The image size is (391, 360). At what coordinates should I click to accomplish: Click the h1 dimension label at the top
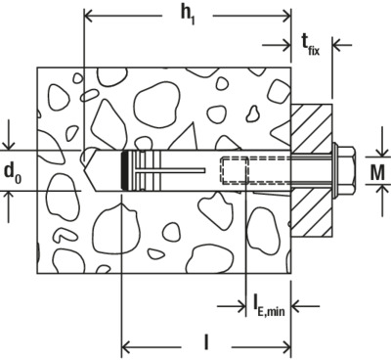click(x=189, y=16)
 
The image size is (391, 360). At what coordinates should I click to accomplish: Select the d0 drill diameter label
click(x=12, y=173)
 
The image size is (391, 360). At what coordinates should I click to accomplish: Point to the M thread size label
click(x=377, y=172)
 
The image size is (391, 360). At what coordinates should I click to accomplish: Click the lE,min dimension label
click(x=269, y=306)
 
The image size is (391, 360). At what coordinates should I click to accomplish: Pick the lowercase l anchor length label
click(x=206, y=342)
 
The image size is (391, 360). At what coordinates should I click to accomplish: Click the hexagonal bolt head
click(x=347, y=170)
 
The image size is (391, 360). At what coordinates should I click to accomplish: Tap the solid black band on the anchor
click(x=124, y=170)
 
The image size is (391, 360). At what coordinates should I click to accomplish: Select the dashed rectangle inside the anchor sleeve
click(x=235, y=170)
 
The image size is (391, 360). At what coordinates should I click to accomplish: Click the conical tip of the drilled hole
click(x=89, y=170)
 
